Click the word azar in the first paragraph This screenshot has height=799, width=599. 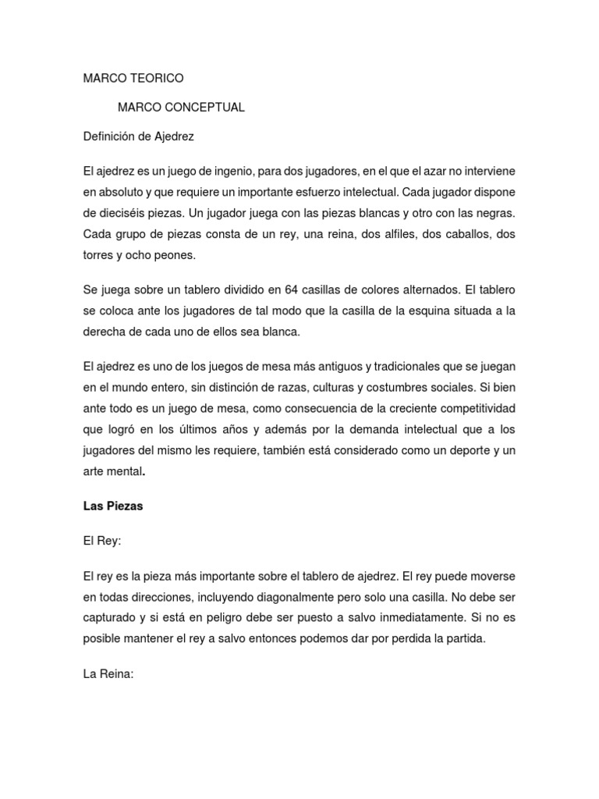click(x=426, y=171)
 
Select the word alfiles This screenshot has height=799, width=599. click(x=376, y=234)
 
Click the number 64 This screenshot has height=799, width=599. click(x=292, y=289)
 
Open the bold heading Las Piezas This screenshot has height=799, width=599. click(x=113, y=506)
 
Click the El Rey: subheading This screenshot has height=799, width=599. click(x=102, y=540)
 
